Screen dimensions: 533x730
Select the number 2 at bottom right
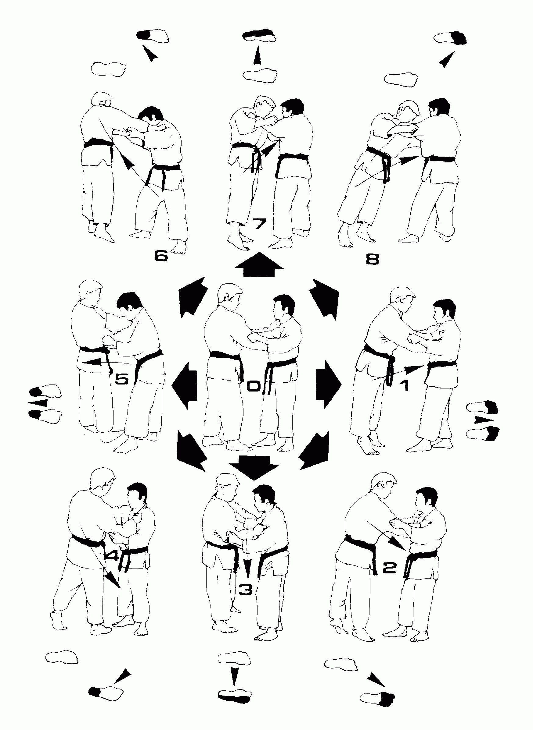pos(389,568)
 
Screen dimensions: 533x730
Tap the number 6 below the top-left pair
pos(259,224)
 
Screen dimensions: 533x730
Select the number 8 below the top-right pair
pos(259,264)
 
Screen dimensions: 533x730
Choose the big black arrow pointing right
pos(194,296)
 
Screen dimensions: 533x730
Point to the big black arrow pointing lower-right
pos(259,34)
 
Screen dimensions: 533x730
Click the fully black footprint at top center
pos(451,38)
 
